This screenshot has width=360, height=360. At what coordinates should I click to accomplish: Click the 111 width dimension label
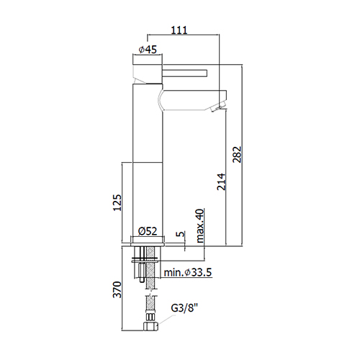(x=179, y=30)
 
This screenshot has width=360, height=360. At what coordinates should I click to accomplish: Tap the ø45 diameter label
(x=148, y=50)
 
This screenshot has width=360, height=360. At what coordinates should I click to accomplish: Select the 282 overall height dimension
(x=237, y=154)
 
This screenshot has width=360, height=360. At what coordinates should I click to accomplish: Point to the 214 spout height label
(x=221, y=181)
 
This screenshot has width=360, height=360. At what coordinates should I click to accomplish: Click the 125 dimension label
(x=117, y=202)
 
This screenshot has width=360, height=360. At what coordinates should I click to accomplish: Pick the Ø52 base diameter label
(x=148, y=231)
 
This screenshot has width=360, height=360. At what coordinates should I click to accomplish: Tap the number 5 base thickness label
(x=181, y=234)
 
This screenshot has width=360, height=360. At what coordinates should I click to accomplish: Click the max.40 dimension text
(x=199, y=225)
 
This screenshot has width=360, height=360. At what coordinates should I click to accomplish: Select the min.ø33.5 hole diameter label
(x=188, y=272)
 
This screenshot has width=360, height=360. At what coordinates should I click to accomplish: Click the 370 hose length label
(x=117, y=289)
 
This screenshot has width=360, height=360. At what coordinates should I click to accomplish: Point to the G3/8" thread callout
(x=184, y=308)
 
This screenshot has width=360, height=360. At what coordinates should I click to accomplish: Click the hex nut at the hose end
(x=150, y=327)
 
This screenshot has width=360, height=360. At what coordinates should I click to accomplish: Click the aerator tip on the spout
(x=218, y=107)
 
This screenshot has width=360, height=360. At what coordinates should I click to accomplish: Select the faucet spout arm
(x=192, y=100)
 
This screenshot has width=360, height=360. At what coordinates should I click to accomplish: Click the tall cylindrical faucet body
(x=148, y=160)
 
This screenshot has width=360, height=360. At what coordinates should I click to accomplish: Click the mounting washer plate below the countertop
(x=145, y=260)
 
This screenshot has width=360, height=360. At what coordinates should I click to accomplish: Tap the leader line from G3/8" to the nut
(x=167, y=320)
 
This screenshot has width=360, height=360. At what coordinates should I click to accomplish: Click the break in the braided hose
(x=151, y=292)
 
